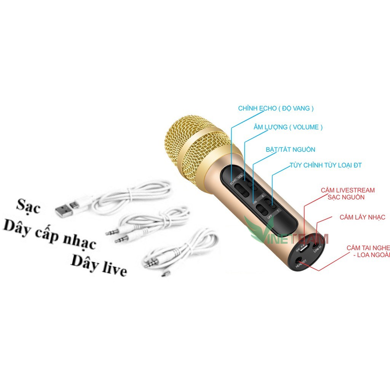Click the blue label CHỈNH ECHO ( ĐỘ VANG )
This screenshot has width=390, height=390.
[x=276, y=109]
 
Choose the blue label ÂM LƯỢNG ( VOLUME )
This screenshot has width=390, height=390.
[x=288, y=127]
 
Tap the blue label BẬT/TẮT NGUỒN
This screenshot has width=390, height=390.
[x=290, y=150]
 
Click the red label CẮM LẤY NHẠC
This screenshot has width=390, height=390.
[x=362, y=217]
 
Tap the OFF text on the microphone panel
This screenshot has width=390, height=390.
[x=270, y=217]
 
